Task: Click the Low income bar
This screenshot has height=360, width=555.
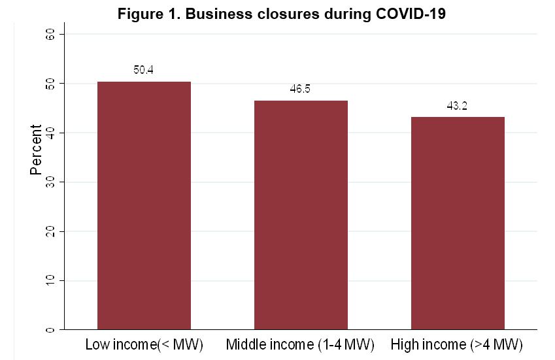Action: [x=144, y=205]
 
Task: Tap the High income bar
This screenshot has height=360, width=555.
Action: [x=458, y=223]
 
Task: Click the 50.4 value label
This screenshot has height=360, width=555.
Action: [x=143, y=70]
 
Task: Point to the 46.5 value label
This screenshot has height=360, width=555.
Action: [x=300, y=89]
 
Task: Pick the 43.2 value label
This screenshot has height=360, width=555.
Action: [x=457, y=105]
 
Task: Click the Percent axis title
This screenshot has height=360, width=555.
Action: [x=36, y=150]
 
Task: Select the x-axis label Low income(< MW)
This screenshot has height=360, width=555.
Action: [x=144, y=344]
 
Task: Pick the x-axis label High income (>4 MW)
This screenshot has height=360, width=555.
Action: [x=457, y=344]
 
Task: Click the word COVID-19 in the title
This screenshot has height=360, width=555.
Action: [x=410, y=14]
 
